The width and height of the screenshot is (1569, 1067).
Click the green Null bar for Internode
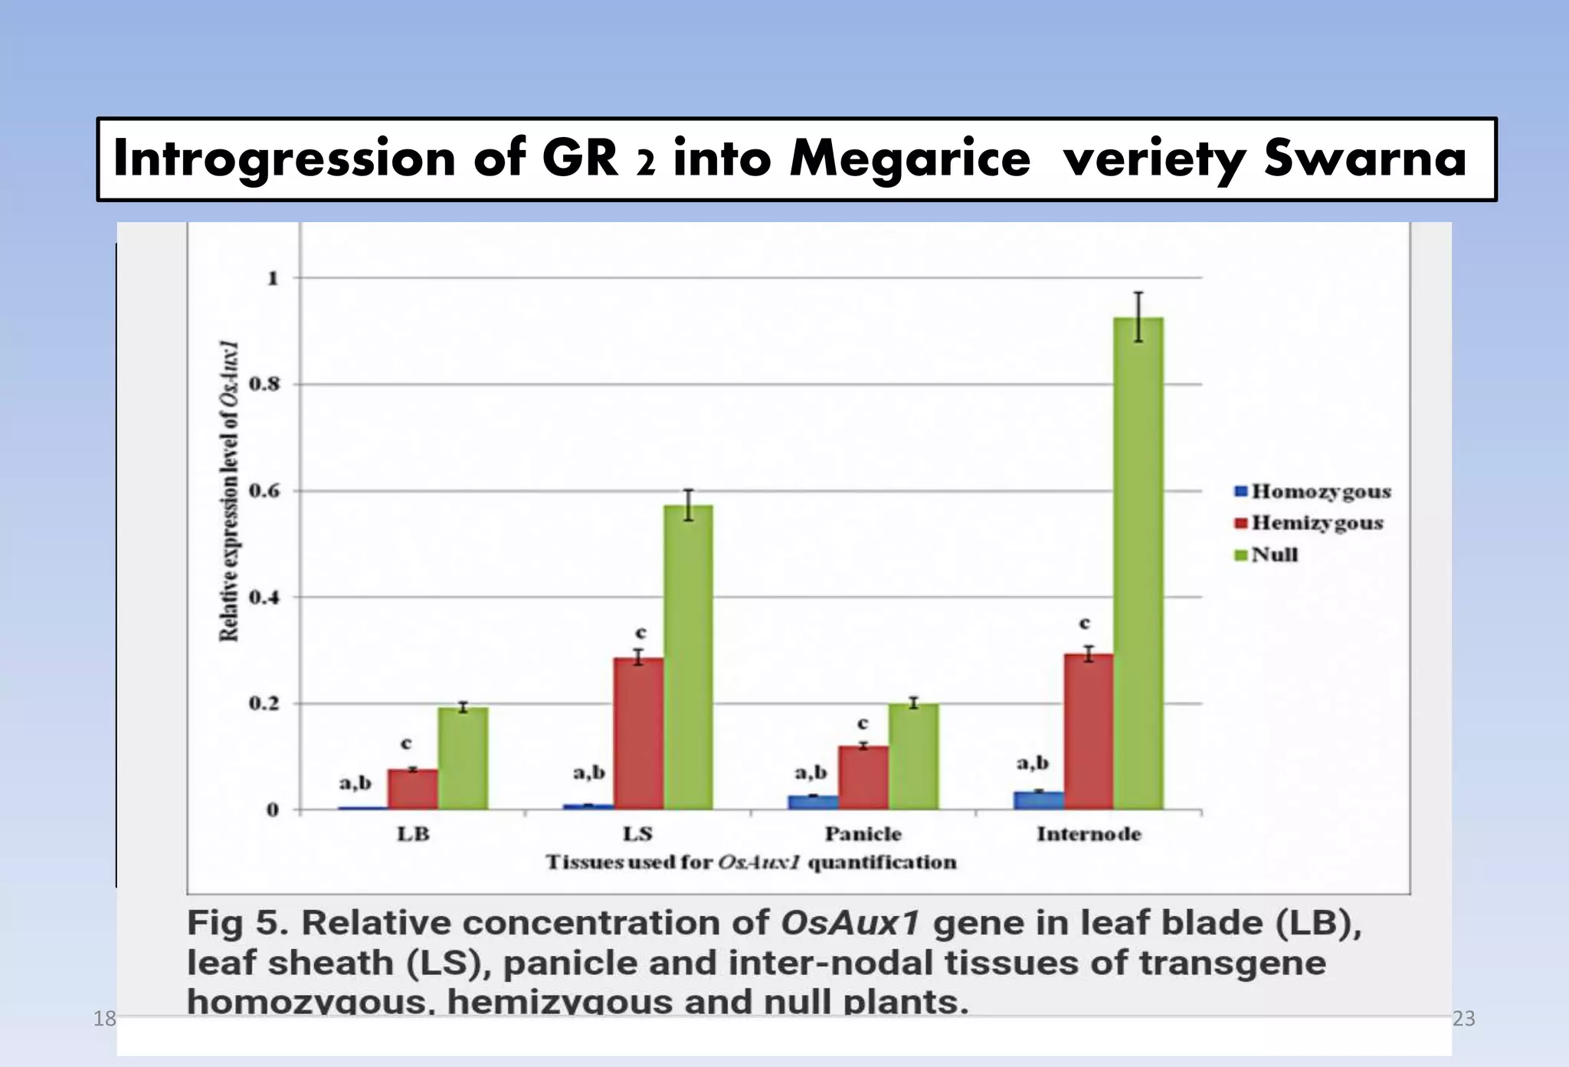[1138, 563]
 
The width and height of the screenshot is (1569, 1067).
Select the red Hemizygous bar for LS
[638, 733]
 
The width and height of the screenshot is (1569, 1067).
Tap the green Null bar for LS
[688, 656]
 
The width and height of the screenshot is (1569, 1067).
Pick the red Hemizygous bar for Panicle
[863, 777]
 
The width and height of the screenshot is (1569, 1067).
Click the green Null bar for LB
[463, 758]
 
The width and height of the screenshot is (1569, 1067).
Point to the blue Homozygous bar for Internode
[1039, 800]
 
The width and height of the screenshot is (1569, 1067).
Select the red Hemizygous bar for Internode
[1089, 731]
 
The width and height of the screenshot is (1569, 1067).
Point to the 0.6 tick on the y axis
[264, 491]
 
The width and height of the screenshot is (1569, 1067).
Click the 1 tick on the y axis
[273, 278]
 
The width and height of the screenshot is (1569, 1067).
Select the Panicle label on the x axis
[863, 833]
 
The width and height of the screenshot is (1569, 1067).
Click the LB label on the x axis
[413, 833]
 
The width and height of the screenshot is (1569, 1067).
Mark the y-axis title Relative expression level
[229, 491]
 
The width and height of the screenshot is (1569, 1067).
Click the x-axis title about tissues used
[751, 862]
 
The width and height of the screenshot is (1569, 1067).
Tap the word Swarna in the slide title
[1364, 159]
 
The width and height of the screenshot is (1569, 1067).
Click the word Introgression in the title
[284, 159]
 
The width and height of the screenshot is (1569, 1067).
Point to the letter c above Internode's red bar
[1084, 623]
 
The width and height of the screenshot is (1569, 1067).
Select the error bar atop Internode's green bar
[1138, 316]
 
